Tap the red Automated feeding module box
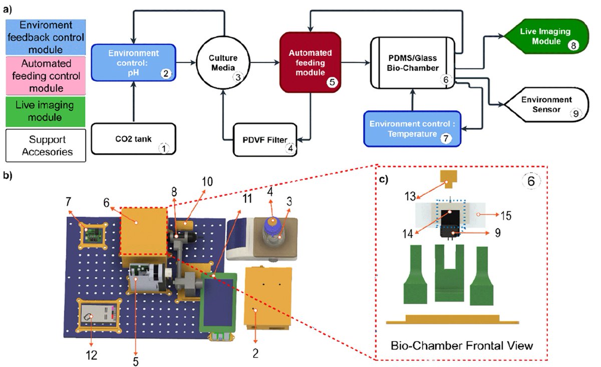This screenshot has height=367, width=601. (x=311, y=62)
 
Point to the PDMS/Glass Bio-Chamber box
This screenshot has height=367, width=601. (x=411, y=63)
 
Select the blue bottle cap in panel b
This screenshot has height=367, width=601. (x=272, y=222)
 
